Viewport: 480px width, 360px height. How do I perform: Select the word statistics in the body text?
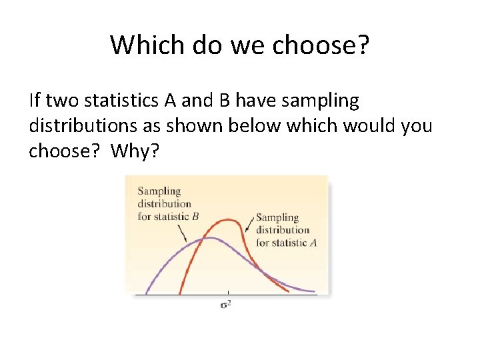[119, 101]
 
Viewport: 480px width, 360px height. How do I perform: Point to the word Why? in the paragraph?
[135, 151]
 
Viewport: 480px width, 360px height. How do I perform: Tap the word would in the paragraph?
[365, 126]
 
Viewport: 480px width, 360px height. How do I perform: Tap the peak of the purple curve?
[210, 238]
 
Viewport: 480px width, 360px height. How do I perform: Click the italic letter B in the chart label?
[195, 216]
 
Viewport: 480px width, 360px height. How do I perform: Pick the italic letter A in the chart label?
[313, 243]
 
